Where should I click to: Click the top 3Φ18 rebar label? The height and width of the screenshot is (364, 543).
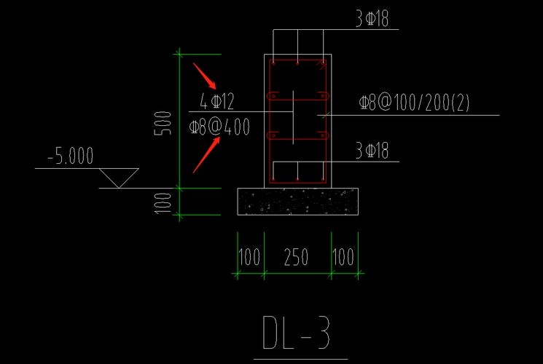click(372, 20)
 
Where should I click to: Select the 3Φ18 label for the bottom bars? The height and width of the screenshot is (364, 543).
click(372, 151)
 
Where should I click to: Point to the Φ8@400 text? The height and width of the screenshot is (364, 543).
click(219, 127)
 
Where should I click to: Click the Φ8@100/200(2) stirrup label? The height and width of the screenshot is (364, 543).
click(414, 103)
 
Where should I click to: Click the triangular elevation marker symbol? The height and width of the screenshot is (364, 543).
click(118, 177)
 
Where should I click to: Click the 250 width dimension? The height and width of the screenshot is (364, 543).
click(296, 257)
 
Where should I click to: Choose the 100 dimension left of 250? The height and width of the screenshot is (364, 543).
click(249, 257)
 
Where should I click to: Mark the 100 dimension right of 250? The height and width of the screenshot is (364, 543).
click(343, 257)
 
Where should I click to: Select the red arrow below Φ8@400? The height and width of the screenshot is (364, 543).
click(206, 155)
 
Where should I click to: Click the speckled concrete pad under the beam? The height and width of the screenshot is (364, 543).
click(298, 202)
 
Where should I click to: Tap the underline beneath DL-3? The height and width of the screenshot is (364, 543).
click(300, 359)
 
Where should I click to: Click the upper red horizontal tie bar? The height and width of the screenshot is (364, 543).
click(297, 95)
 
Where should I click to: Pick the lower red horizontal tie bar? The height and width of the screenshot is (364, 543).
click(297, 135)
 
